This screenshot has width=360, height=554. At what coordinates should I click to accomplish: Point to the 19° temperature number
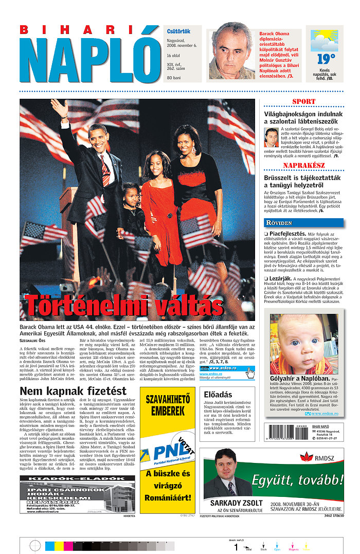(326, 59)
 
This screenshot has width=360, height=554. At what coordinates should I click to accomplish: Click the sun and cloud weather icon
(324, 40)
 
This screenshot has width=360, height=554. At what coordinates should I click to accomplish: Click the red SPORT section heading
(303, 101)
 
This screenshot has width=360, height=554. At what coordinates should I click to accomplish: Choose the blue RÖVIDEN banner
(303, 223)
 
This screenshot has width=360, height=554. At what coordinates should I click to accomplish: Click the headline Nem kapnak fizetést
(73, 390)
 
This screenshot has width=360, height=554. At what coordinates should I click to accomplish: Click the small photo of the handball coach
(271, 137)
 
